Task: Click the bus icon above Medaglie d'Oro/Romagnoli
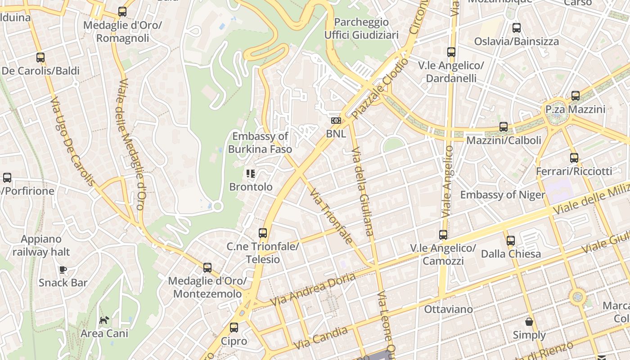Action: [x=122, y=12]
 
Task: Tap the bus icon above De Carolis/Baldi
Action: [x=40, y=58]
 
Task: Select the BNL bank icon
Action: [x=336, y=121]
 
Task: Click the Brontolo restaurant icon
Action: [x=251, y=173]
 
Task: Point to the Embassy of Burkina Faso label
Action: [x=260, y=143]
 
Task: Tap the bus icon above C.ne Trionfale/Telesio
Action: [x=263, y=233]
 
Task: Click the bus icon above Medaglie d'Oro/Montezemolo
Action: [x=207, y=268]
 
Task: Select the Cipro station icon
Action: [x=234, y=328]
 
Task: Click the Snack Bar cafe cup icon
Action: [x=63, y=270]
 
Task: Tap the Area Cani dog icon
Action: [x=104, y=320]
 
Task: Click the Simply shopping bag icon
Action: [x=529, y=322]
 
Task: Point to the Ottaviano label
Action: [x=448, y=309]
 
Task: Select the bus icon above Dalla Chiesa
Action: [x=511, y=241]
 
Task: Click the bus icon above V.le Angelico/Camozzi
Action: [x=443, y=235]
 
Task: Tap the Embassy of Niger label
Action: [x=502, y=195]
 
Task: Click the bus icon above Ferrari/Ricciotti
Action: [x=574, y=158]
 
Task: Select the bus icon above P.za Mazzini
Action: [x=576, y=96]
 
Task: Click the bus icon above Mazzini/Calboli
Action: [x=504, y=127]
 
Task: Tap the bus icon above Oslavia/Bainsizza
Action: [x=517, y=28]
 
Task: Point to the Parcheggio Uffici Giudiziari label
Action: [x=361, y=28]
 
